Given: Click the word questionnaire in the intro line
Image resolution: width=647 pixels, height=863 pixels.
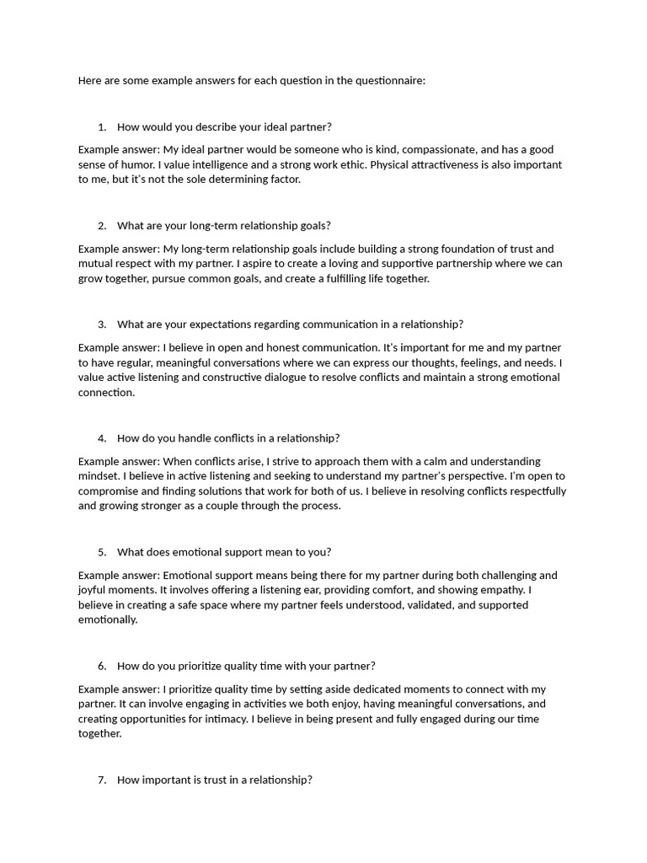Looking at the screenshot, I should [393, 81].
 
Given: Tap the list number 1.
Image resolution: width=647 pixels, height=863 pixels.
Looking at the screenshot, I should [101, 127].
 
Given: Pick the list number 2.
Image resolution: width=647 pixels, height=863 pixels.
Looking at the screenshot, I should [101, 226].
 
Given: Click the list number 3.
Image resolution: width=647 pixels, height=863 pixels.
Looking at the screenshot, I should [101, 324].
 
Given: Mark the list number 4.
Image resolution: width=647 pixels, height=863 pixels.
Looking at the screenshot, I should [101, 438].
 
